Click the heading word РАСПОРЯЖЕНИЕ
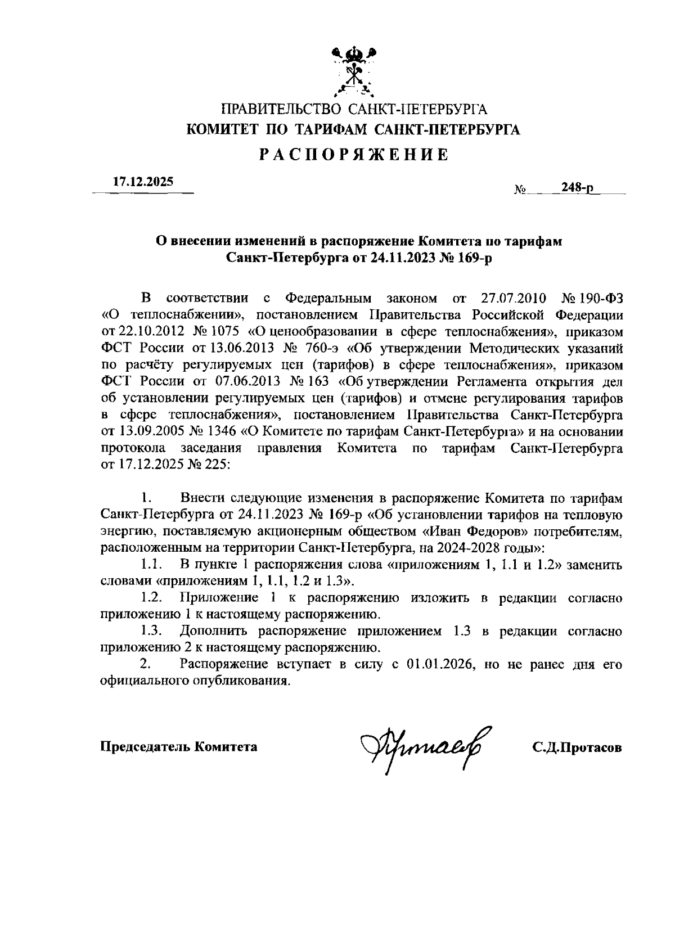pyautogui.click(x=354, y=155)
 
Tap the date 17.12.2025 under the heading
pyautogui.click(x=143, y=182)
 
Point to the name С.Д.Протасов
pyautogui.click(x=577, y=747)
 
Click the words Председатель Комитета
pyautogui.click(x=179, y=747)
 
